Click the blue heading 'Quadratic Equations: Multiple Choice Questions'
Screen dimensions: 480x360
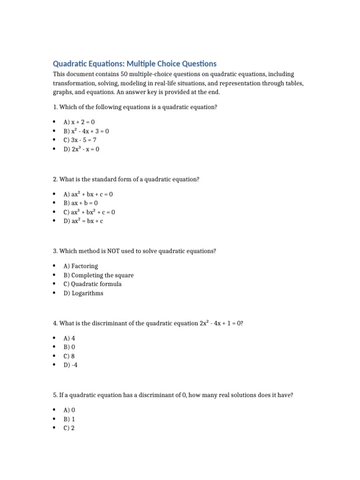pyautogui.click(x=135, y=63)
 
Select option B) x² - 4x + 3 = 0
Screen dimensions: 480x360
pyautogui.click(x=86, y=131)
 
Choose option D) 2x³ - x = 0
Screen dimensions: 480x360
pyautogui.click(x=82, y=149)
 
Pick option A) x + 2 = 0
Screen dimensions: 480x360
pyautogui.click(x=79, y=122)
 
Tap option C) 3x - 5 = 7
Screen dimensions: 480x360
pyautogui.click(x=80, y=140)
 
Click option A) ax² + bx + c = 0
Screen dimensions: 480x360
pyautogui.click(x=88, y=194)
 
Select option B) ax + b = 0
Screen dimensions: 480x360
pyautogui.click(x=81, y=203)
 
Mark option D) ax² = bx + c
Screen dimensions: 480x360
pyautogui.click(x=83, y=221)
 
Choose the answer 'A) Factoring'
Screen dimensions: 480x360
pyautogui.click(x=81, y=266)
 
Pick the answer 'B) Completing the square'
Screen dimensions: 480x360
pyautogui.click(x=98, y=275)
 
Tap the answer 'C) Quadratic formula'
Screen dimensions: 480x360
pyautogui.click(x=92, y=284)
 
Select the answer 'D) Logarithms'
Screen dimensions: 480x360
pyautogui.click(x=83, y=293)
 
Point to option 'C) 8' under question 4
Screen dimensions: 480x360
pyautogui.click(x=69, y=356)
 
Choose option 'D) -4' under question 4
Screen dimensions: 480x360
pyautogui.click(x=70, y=365)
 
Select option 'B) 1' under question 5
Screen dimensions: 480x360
pyautogui.click(x=69, y=419)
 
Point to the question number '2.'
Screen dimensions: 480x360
pyautogui.click(x=55, y=179)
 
